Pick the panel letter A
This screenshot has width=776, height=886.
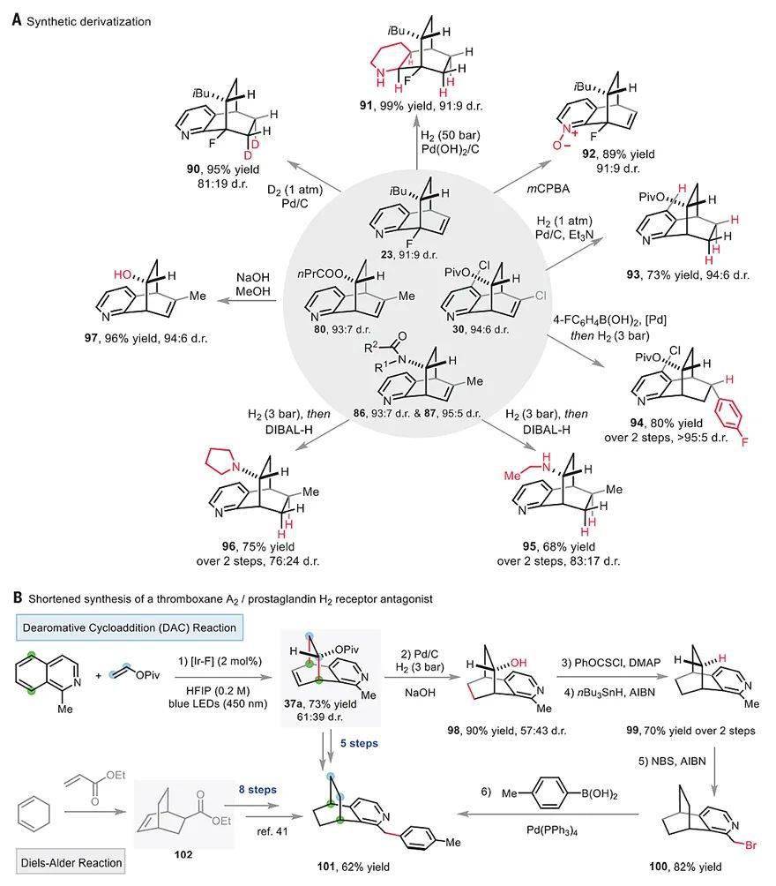(16, 19)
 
